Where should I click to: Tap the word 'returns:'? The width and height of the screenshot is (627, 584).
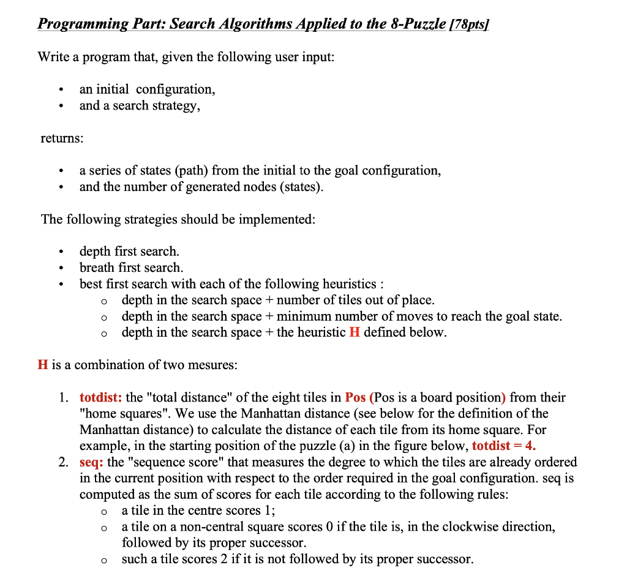[62, 138]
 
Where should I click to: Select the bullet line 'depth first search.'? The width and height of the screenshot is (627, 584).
[129, 252]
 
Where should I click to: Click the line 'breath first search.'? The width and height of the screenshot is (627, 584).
[131, 268]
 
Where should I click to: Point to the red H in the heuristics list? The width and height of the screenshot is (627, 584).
[354, 332]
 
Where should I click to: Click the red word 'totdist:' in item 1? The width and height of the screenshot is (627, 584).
[101, 397]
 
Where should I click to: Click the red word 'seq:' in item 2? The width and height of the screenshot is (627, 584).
[91, 462]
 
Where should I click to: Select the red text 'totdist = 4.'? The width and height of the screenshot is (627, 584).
[504, 446]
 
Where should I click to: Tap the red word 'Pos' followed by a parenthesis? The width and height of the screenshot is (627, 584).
[356, 397]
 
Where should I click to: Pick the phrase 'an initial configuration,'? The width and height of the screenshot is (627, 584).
[147, 89]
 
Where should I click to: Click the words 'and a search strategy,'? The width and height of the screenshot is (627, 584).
[140, 105]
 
